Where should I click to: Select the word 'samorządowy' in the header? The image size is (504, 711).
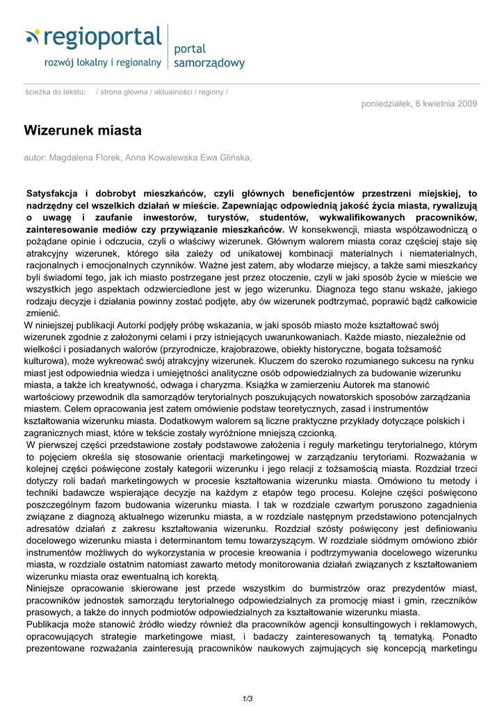pos(209,63)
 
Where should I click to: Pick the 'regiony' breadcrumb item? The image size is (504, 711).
pos(211,92)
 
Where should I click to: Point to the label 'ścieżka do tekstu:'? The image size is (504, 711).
pos(55,92)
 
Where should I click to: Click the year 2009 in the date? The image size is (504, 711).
pos(466,104)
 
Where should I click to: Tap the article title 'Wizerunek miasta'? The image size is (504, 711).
pos(83,131)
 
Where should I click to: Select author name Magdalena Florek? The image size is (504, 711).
pos(89,158)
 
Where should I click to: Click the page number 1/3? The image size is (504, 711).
pos(247,699)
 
